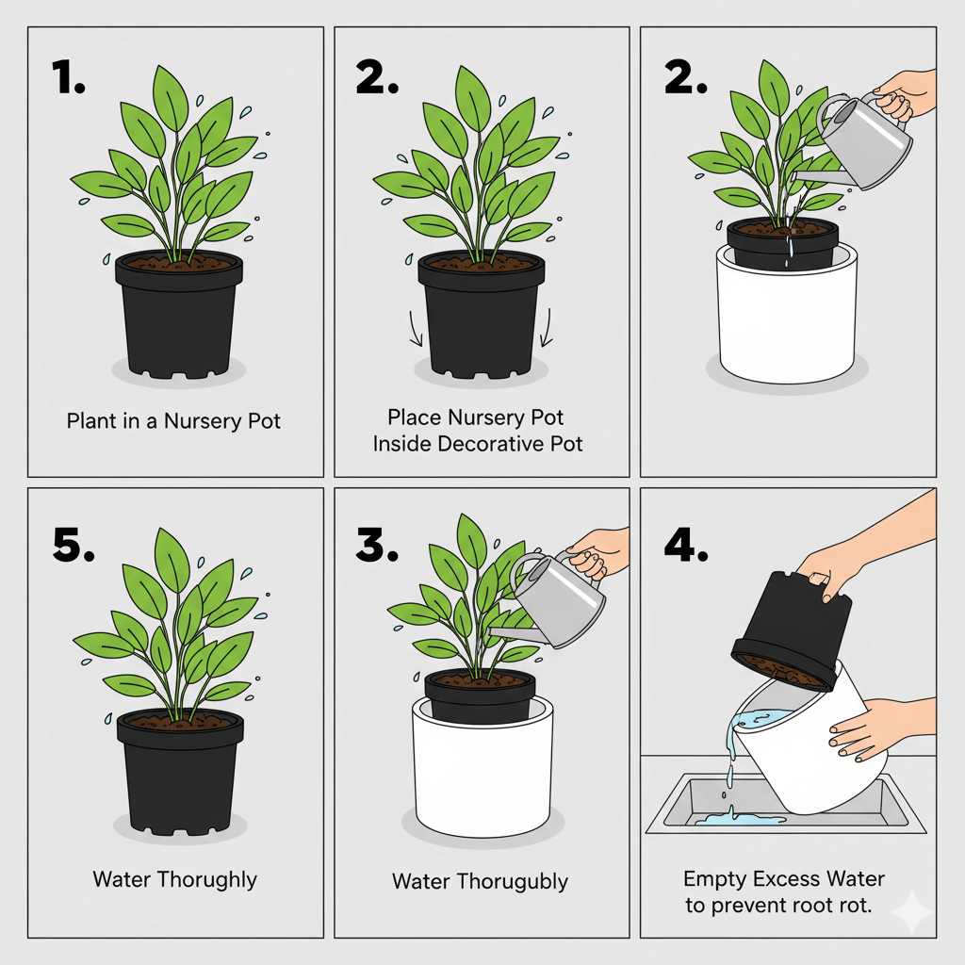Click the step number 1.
click(x=69, y=78)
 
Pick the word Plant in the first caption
click(x=89, y=420)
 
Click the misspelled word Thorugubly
click(x=514, y=882)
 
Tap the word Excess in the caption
click(x=790, y=879)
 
